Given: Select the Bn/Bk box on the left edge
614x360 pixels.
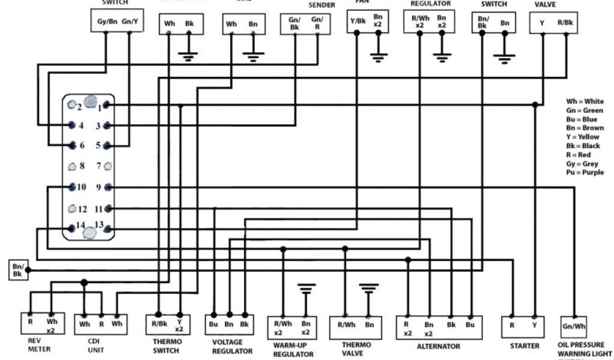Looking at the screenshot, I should click(x=17, y=270).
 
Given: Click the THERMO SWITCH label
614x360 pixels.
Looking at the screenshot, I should click(x=165, y=346).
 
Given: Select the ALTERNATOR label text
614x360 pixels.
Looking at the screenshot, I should click(x=438, y=346).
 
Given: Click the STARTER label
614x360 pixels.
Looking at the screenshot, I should click(x=524, y=346).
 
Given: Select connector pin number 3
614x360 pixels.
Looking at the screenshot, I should click(x=98, y=126).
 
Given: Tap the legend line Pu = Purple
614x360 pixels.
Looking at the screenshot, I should click(x=586, y=173).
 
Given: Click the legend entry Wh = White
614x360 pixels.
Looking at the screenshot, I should click(x=585, y=101).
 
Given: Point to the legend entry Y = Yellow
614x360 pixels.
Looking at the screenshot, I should click(x=585, y=137).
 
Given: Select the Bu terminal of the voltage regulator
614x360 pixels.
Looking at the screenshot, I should click(x=213, y=324).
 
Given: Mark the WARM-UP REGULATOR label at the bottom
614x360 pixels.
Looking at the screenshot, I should click(x=293, y=350).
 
